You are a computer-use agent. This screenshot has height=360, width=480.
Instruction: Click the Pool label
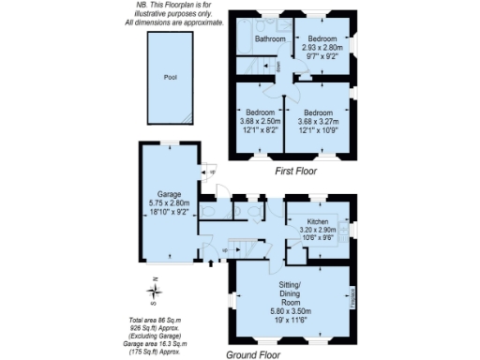point(170,78)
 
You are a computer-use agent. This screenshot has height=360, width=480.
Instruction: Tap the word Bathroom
point(269,39)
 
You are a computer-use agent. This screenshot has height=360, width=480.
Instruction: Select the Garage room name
point(169,194)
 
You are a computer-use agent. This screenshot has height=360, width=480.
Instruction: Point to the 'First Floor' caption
point(294,172)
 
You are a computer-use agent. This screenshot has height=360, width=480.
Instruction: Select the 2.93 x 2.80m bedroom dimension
point(322,48)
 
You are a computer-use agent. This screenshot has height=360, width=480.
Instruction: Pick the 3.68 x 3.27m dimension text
point(322,120)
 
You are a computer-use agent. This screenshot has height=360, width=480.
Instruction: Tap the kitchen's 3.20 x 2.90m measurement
point(319,231)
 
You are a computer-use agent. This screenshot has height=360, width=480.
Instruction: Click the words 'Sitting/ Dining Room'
point(290,292)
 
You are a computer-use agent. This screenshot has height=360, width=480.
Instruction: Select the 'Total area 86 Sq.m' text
point(156,322)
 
